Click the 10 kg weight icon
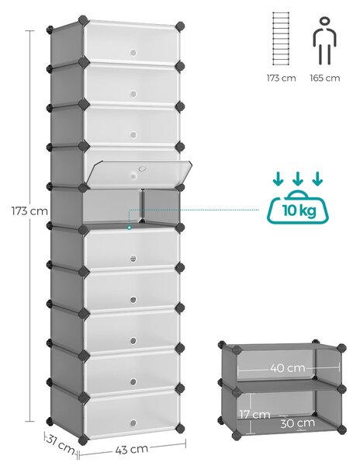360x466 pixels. click(298, 207)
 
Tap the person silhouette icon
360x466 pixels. click(325, 41)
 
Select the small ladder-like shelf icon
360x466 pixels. click(281, 38)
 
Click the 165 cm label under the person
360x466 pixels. click(325, 78)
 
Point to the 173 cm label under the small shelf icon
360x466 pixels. click(281, 78)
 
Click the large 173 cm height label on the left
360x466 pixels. click(29, 211)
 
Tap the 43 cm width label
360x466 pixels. click(131, 449)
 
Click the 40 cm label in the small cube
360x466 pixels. click(288, 368)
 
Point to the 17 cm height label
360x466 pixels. click(254, 414)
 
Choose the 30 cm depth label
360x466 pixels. click(297, 423)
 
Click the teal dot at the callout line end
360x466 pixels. click(129, 228)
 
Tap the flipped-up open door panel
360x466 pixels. click(139, 172)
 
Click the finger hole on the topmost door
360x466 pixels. click(133, 53)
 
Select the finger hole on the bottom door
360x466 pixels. click(133, 423)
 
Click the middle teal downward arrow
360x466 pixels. click(298, 179)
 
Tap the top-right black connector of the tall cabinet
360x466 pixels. click(179, 26)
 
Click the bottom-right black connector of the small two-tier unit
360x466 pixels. click(341, 429)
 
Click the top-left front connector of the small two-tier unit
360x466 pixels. click(236, 350)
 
